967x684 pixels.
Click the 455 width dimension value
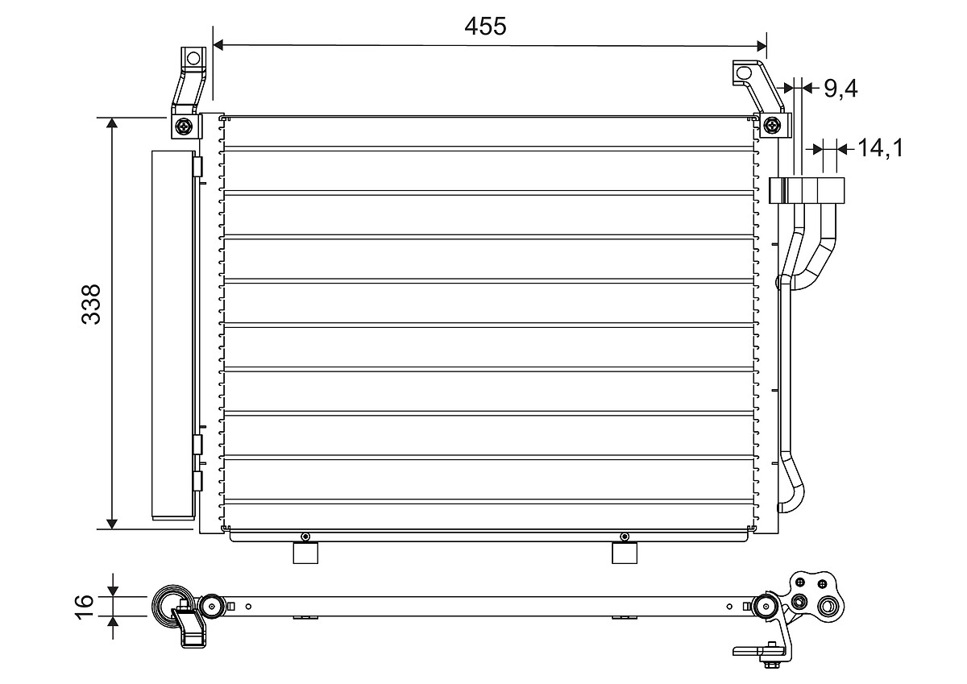click(485, 26)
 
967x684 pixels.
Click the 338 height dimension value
click(93, 304)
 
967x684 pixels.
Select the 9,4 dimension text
click(840, 88)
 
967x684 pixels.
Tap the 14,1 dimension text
click(880, 148)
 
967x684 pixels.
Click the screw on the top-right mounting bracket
click(772, 125)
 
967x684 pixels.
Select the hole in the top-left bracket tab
click(192, 58)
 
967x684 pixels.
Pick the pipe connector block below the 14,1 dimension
click(807, 190)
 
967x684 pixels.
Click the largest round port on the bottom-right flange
click(828, 607)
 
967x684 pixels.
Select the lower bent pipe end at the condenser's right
click(791, 493)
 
